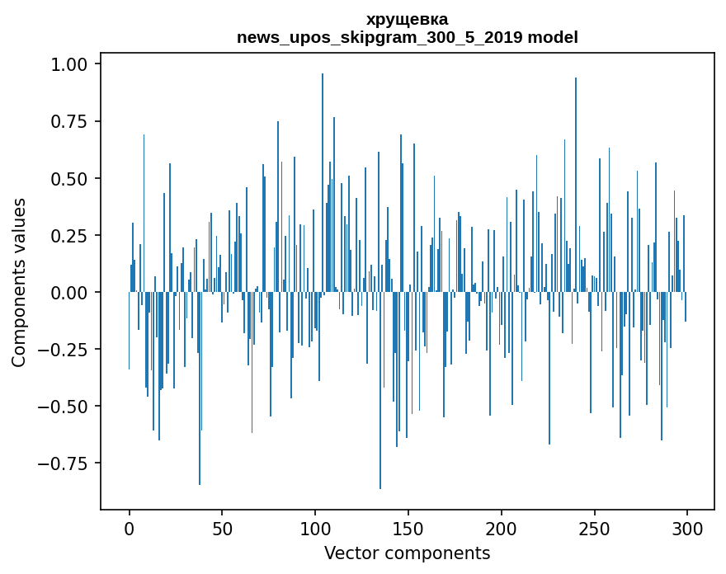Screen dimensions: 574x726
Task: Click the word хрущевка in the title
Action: tap(408, 20)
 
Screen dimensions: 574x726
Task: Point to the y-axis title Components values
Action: tap(19, 282)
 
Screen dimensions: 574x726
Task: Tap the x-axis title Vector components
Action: tap(408, 553)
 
